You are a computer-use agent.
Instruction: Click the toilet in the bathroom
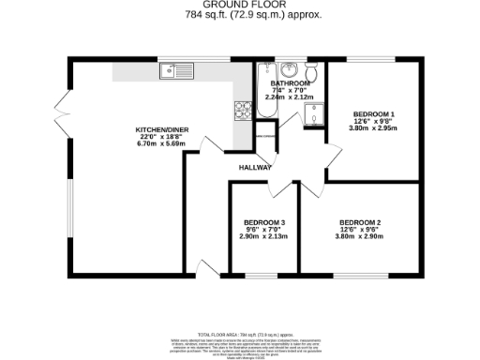point(312,71)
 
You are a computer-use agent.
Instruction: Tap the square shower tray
point(311,112)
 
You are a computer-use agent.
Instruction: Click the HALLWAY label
point(255,167)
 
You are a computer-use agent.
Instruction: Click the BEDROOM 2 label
point(360,221)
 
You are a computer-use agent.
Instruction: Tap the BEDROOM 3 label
point(262,222)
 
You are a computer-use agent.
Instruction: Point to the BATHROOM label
point(291,82)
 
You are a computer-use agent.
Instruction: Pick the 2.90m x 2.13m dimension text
point(262,236)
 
